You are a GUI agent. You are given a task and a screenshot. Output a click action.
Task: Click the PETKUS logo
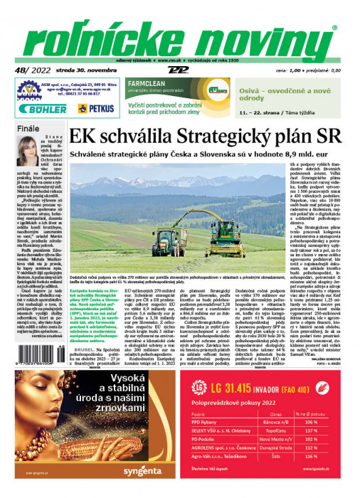[x=94, y=108]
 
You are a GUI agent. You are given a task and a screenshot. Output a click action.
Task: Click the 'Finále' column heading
[x=28, y=129]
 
